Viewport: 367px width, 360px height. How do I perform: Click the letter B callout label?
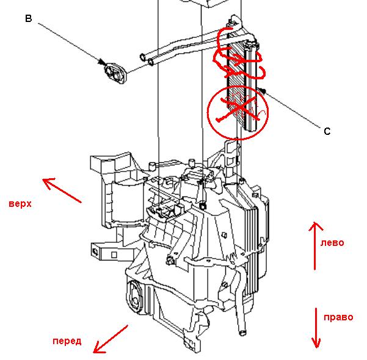[28, 18]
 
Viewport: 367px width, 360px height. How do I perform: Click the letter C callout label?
[327, 131]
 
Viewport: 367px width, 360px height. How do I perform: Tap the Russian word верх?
[20, 204]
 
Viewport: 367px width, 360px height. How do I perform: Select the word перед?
[67, 340]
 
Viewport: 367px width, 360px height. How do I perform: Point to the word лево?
[332, 243]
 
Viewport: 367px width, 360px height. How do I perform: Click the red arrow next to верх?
[62, 190]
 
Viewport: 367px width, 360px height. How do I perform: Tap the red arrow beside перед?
[111, 339]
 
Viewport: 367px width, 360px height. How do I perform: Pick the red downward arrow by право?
[316, 327]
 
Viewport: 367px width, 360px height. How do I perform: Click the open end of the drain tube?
[242, 333]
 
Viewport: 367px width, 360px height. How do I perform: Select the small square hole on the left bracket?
[96, 249]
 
